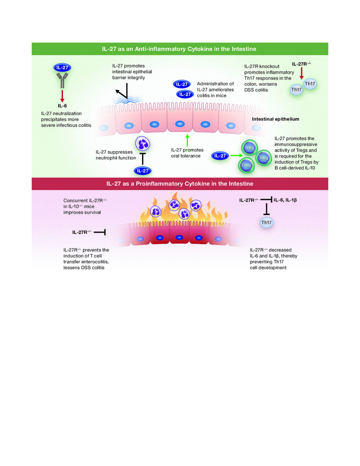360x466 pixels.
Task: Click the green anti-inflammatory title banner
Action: coord(180,48)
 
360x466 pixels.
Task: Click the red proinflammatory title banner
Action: coord(180,184)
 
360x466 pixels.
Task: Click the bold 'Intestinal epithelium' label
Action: coord(275,119)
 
